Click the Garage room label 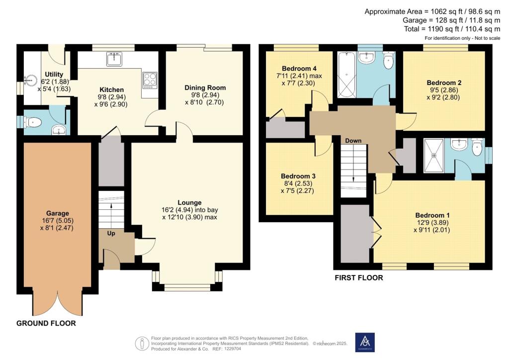[x=58, y=213]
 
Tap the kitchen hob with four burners [x=150, y=80]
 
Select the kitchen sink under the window [x=114, y=59]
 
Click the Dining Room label [x=205, y=88]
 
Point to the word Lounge [x=189, y=202]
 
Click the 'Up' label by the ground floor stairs [x=111, y=233]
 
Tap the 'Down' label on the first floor [x=353, y=141]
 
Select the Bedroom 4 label [x=299, y=69]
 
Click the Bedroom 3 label [x=298, y=176]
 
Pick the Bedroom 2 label [x=444, y=83]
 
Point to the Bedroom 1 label [x=432, y=215]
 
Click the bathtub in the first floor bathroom [x=346, y=75]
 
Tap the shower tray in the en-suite [x=433, y=156]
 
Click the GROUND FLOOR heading [x=46, y=323]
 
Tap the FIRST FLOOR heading [x=359, y=278]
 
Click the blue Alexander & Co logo [x=365, y=342]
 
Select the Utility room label [x=54, y=75]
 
